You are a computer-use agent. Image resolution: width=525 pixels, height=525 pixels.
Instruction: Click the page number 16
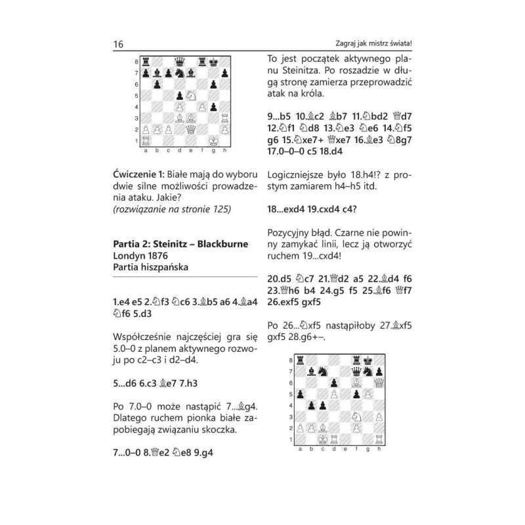(x=118, y=45)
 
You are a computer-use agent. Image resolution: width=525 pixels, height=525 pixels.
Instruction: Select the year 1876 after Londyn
(x=168, y=257)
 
